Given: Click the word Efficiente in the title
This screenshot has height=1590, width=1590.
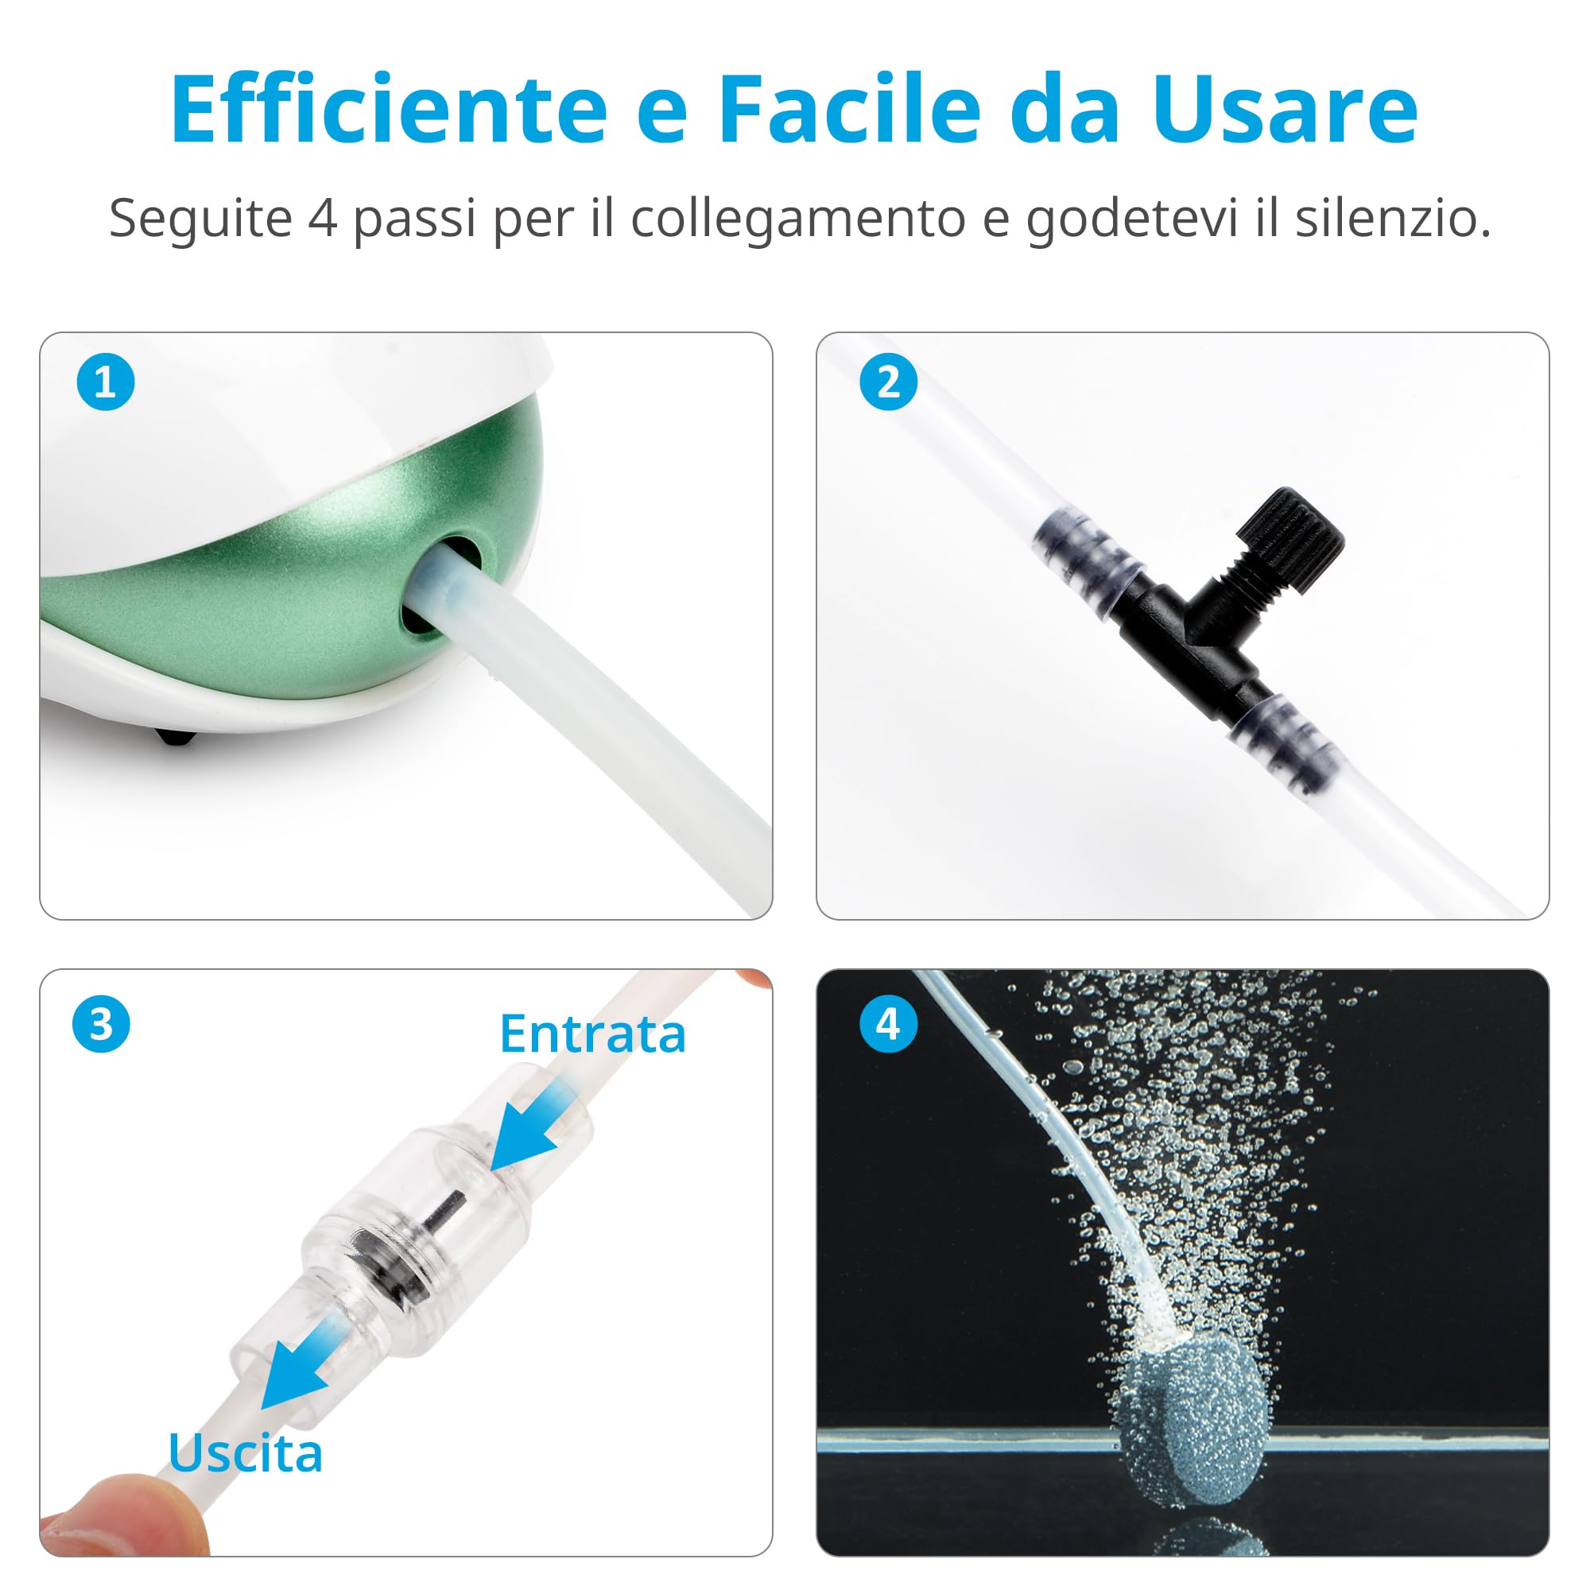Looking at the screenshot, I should coord(389,110).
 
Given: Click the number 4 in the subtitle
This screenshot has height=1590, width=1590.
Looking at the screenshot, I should coord(322,219).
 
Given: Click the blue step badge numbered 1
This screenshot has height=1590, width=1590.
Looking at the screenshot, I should coord(106,382).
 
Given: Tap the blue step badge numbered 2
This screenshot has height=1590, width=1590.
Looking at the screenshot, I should coord(888,382).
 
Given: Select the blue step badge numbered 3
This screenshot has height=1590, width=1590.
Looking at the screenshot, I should coord(100,1025).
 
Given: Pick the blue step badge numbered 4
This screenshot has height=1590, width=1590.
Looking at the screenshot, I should coord(888,1025).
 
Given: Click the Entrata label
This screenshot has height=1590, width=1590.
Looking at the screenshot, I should coord(592,1033).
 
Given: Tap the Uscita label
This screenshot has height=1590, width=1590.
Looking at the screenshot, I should coord(245,1452).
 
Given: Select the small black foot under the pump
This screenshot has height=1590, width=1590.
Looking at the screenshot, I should coord(179,737).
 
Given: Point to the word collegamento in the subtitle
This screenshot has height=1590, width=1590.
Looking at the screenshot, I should coord(797,219).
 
